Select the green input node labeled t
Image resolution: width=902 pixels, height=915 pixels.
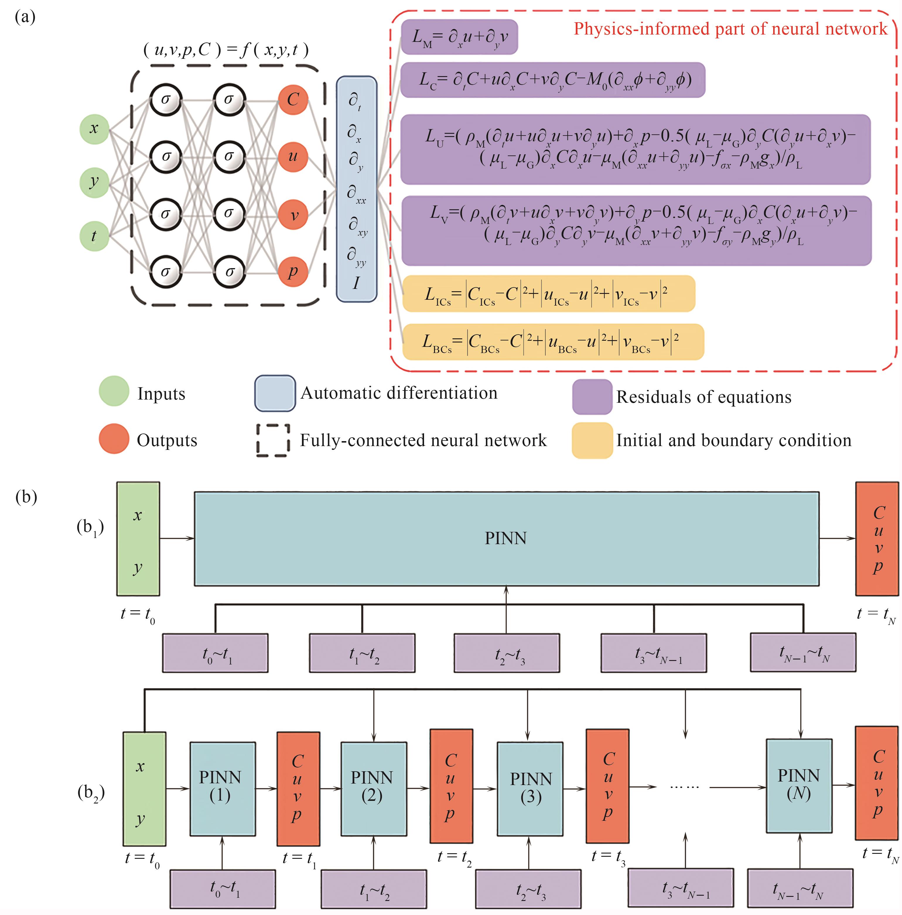[x=94, y=236]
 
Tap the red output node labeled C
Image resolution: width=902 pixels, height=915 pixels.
[x=293, y=100]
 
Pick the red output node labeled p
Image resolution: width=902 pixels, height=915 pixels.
[x=293, y=272]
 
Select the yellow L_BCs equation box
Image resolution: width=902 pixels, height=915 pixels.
[x=553, y=342]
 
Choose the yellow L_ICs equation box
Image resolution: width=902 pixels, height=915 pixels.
[x=549, y=294]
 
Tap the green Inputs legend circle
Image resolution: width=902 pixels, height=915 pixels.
[x=114, y=391]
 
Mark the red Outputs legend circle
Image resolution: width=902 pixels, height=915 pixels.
[x=114, y=438]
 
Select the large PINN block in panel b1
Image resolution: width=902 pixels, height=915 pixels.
[x=506, y=539]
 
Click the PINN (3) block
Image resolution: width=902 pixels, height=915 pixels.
[x=530, y=789]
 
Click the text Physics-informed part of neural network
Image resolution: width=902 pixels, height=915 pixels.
[x=730, y=29]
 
